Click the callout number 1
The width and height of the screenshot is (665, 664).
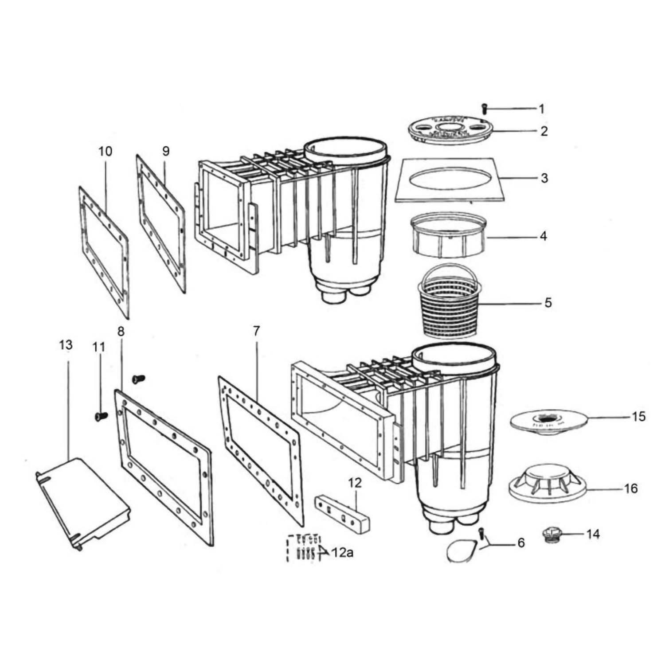pos(541,109)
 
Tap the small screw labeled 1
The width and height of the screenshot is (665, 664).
pos(484,107)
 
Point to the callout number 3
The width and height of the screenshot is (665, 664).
pos(544,178)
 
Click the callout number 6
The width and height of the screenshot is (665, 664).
pos(521,543)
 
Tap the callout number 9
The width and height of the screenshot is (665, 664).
pos(165,151)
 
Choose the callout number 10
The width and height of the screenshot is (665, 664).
pos(106,151)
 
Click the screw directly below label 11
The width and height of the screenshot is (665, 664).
pos(101,416)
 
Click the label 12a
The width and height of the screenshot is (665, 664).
pos(342,553)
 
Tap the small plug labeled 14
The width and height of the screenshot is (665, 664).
pos(552,534)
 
